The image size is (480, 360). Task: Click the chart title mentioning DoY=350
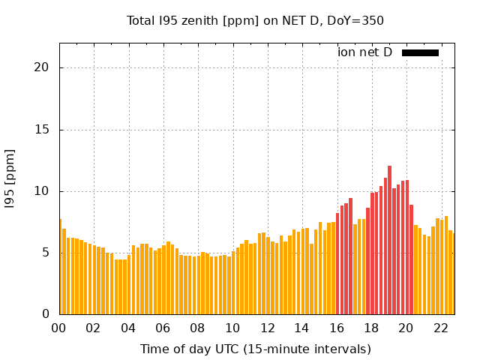click(x=255, y=20)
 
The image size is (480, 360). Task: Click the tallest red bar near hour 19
click(x=389, y=240)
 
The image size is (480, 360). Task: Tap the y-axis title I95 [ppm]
click(x=10, y=179)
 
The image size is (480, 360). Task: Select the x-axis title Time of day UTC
click(x=255, y=349)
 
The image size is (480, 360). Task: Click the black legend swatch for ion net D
click(x=420, y=52)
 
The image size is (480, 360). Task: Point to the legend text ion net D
click(x=364, y=52)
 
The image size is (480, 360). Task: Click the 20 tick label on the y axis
click(x=41, y=67)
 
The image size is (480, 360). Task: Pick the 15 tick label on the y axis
click(x=41, y=129)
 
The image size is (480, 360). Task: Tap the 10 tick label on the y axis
click(x=41, y=191)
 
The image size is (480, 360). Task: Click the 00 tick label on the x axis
click(x=58, y=328)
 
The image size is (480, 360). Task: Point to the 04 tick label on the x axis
click(x=128, y=328)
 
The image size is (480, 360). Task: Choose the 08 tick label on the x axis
click(x=197, y=328)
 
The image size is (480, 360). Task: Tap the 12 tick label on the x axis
click(x=267, y=328)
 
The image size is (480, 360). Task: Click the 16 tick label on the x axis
click(x=336, y=328)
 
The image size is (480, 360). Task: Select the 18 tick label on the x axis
click(x=371, y=328)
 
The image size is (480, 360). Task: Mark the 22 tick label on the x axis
click(x=440, y=328)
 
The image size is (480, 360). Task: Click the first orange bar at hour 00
click(x=60, y=267)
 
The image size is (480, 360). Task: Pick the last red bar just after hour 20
click(x=411, y=259)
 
